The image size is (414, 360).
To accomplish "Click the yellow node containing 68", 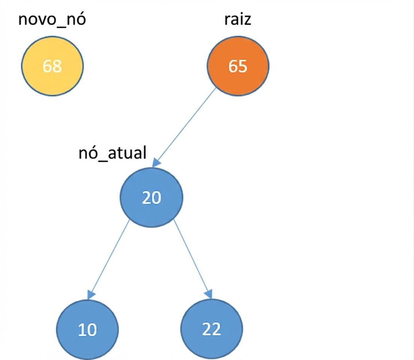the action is coord(52,66).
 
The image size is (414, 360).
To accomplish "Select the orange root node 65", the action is coord(238,66).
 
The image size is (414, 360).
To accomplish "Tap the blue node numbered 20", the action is coord(152,198).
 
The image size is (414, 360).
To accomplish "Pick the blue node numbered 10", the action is coord(87,330).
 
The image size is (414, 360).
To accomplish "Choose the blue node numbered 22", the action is coord(211,329).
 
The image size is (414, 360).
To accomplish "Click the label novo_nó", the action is coord(52,19).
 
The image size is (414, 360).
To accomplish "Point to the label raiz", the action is coord(238,19).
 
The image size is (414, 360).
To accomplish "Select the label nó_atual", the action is coord(112,153).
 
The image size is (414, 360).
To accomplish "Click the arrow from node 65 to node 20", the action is coord(184,127).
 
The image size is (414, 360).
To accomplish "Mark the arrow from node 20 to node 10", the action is coord(109,259).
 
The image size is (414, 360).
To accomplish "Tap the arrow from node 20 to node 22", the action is coord(193,259).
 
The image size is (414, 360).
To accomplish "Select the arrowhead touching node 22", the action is coord(209,294).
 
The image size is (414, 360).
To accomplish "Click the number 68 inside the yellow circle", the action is coord(52,66).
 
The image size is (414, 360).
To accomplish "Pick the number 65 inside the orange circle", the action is coord(238,66).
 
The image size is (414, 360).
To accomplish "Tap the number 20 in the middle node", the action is coord(152,198).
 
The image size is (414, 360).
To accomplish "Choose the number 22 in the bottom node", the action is coord(211,329).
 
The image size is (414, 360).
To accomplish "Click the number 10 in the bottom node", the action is coord(87,330).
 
